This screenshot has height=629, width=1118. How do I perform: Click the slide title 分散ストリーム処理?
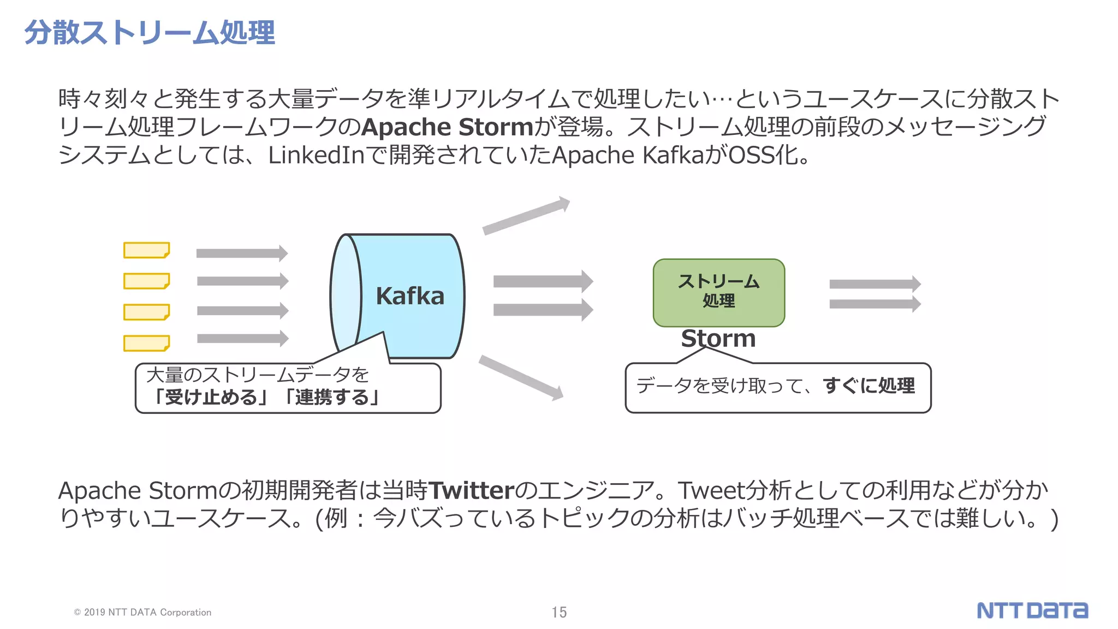point(150,33)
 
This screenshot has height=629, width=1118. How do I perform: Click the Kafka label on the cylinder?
point(410,296)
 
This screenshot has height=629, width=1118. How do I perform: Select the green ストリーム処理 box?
point(718,293)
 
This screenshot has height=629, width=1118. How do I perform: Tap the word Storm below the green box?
point(718,339)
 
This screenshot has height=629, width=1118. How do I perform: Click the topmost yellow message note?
point(146,250)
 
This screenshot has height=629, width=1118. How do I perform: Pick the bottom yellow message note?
point(146,343)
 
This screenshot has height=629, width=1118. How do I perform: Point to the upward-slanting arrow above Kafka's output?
point(526,216)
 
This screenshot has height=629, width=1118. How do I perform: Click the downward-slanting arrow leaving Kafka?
point(521,377)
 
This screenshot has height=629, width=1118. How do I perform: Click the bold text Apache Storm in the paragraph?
point(447,127)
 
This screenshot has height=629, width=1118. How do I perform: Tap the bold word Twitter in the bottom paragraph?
point(472,490)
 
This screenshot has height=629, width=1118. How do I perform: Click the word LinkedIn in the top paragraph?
point(316,156)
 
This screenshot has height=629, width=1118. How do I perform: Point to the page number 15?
point(559,612)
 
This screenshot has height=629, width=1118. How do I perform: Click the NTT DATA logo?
point(1032,610)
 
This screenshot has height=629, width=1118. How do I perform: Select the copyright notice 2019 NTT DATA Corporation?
point(143,613)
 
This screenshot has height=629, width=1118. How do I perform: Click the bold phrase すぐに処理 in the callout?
point(869,385)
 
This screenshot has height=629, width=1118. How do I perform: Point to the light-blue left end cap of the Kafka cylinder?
point(346,295)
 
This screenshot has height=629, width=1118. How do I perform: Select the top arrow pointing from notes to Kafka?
point(242,253)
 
